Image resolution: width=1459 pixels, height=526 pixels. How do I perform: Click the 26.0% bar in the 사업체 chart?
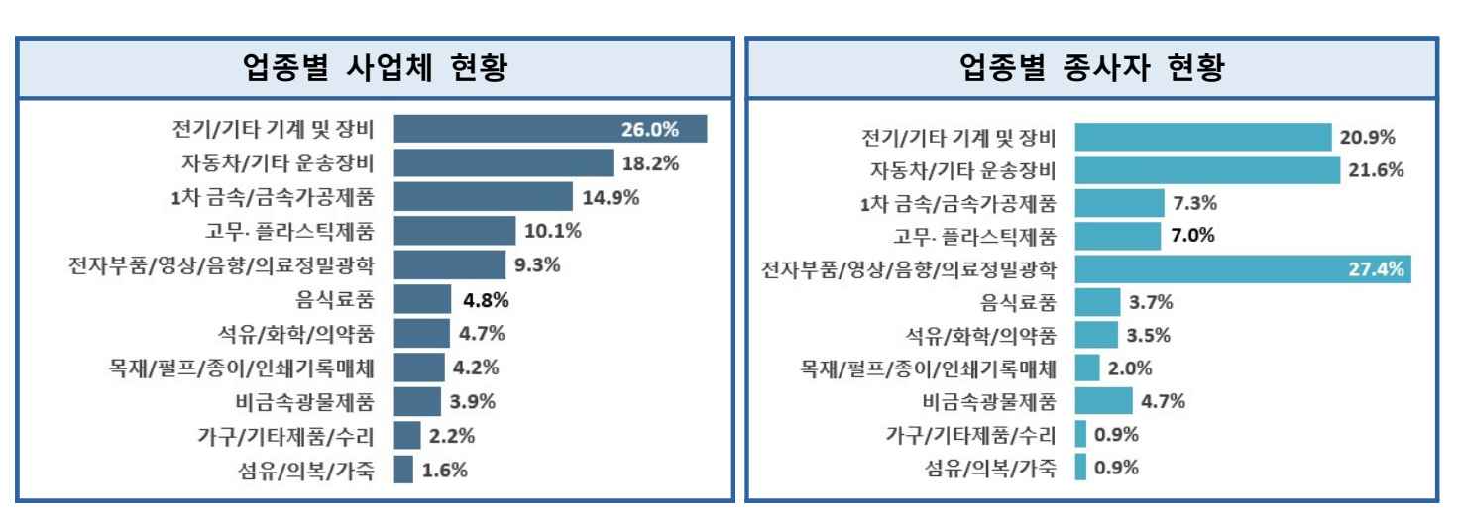point(550,129)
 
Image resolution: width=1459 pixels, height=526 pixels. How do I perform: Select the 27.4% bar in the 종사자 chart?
point(1243,269)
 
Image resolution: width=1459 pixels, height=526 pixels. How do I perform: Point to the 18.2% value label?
point(651,162)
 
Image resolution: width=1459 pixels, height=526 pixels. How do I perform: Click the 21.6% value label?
point(1376,170)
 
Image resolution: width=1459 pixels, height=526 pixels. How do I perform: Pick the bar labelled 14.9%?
point(483,196)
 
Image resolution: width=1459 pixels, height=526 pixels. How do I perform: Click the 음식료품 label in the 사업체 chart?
point(342,298)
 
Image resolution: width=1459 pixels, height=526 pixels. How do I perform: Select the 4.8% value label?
point(488,298)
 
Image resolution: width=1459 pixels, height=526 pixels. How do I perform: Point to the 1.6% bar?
point(403,469)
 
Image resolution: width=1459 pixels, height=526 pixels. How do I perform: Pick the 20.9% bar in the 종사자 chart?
point(1203,137)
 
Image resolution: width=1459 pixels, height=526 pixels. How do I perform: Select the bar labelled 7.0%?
point(1117,236)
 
